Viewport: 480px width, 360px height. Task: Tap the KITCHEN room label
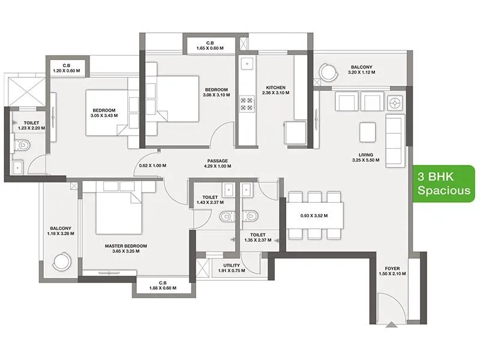pos(277,91)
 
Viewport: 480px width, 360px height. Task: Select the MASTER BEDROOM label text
pos(126,249)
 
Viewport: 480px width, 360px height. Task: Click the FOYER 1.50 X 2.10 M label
pos(392,271)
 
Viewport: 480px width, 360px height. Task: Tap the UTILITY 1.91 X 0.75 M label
pos(231,268)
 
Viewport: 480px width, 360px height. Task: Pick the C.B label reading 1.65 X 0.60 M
pos(210,46)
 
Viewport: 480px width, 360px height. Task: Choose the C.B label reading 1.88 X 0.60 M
pos(163,286)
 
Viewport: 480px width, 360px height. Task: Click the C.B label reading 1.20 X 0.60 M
pos(67,67)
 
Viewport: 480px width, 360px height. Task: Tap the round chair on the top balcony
pos(328,71)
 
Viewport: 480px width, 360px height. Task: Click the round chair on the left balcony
pos(64,262)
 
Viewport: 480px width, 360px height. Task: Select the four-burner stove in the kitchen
pos(245,104)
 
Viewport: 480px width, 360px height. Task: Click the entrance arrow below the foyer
pos(391,325)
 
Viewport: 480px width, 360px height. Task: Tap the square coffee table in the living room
pos(368,130)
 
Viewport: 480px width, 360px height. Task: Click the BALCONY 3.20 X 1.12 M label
pos(361,70)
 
